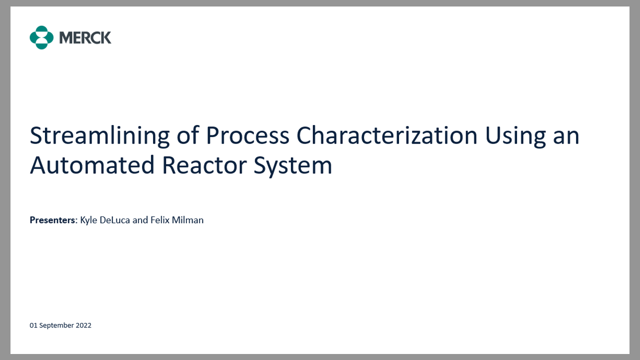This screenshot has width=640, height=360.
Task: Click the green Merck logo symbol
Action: click(41, 37)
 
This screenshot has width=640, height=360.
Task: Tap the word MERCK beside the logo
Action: click(85, 37)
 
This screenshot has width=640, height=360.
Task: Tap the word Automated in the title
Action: click(92, 166)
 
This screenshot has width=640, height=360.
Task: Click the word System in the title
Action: click(293, 166)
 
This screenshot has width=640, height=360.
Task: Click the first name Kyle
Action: click(89, 220)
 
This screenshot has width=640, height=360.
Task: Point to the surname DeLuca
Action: click(115, 220)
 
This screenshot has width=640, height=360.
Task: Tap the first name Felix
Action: click(160, 220)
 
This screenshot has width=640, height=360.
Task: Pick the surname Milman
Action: click(188, 220)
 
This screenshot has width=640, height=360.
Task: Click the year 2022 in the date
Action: click(83, 325)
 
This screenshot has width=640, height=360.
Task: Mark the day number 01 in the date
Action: click(33, 325)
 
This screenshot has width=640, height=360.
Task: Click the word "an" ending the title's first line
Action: click(566, 136)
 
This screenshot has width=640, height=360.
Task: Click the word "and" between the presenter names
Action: click(140, 220)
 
